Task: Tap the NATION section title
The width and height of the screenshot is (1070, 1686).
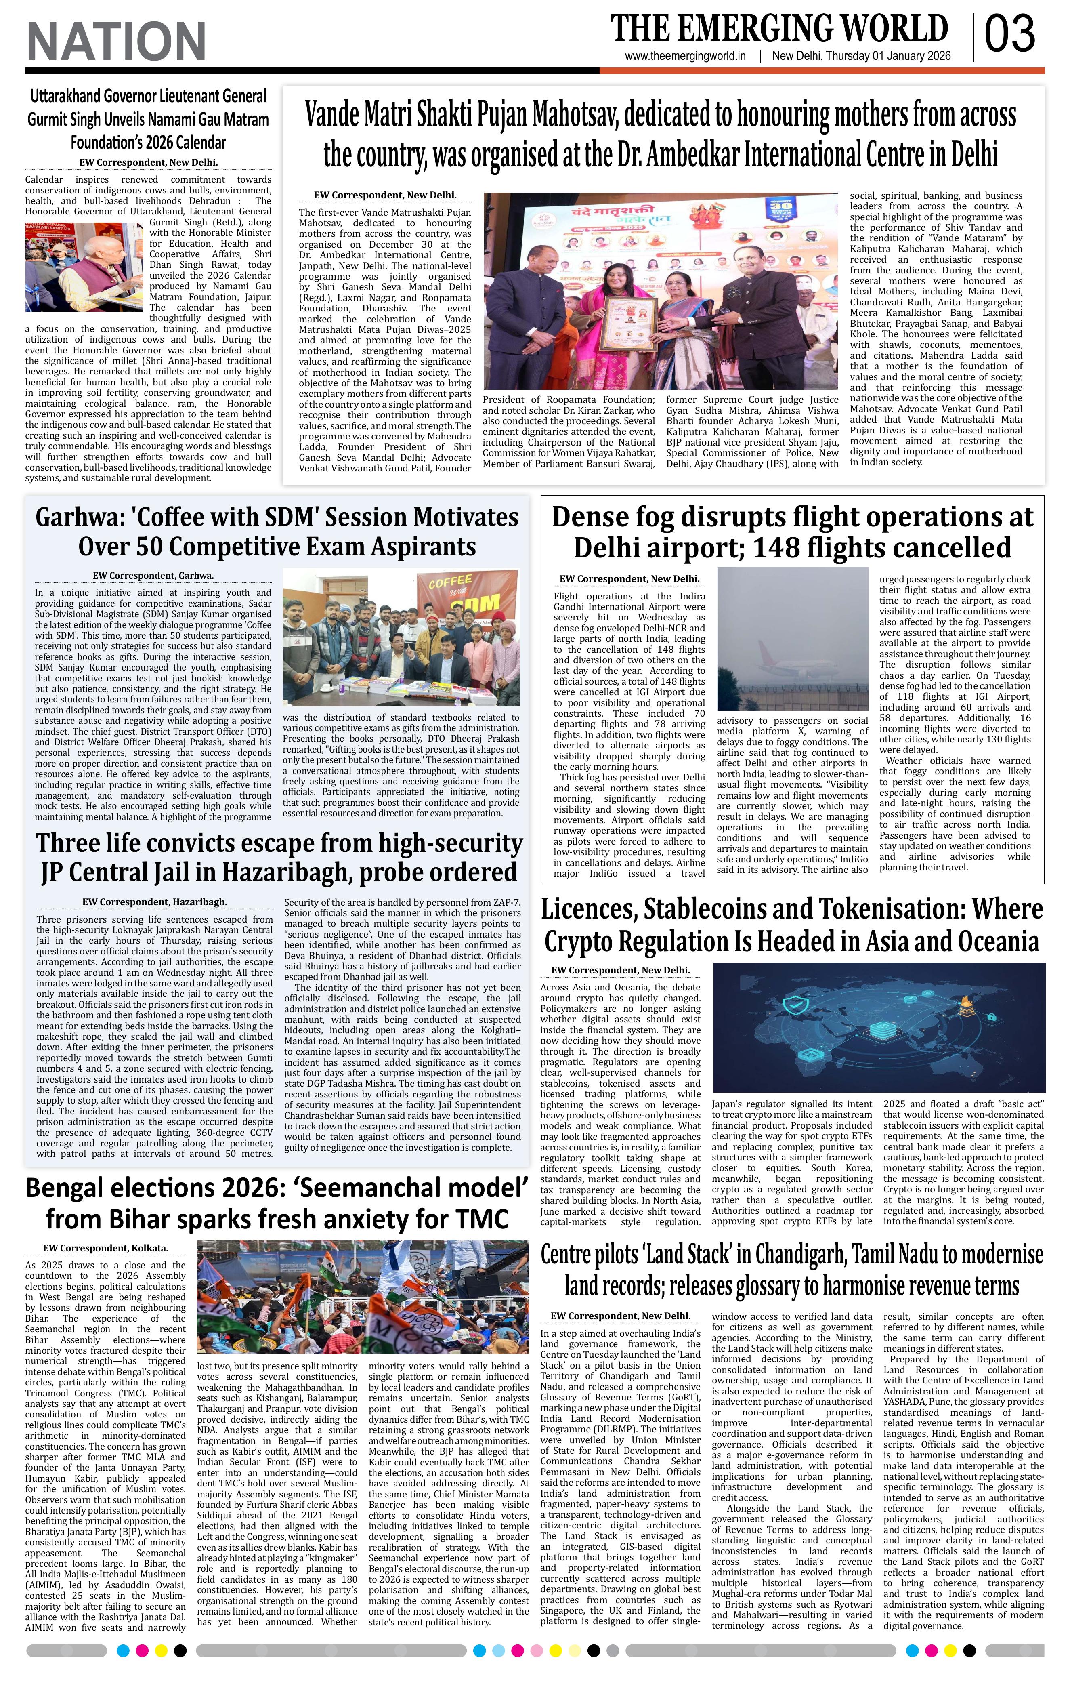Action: click(116, 41)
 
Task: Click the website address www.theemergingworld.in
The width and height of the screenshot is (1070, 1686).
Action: click(685, 57)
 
